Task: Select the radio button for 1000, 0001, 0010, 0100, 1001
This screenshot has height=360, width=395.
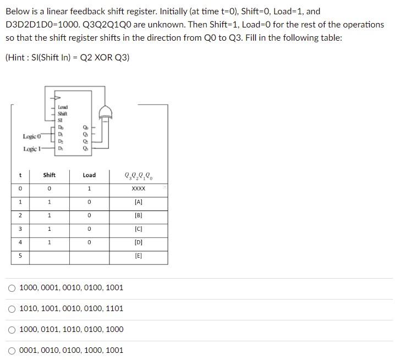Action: point(12,287)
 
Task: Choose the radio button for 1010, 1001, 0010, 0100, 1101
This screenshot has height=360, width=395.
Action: point(12,308)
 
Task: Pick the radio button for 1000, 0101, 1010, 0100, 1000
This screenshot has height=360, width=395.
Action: point(12,329)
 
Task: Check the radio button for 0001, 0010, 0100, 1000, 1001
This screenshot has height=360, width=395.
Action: point(12,350)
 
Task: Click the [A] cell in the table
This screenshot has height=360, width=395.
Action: point(138,202)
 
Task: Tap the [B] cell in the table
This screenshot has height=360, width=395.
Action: point(138,215)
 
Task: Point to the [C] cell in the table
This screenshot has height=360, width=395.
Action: point(138,229)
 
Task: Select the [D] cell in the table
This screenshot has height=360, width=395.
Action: point(138,242)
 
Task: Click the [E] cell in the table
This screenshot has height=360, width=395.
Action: point(138,256)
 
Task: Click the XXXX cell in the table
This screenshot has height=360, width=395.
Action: point(138,189)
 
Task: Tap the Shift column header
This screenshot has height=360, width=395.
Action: point(50,175)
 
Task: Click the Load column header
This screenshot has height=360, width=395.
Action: point(89,175)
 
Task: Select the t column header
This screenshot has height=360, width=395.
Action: point(20,175)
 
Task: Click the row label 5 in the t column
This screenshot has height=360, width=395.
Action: point(20,256)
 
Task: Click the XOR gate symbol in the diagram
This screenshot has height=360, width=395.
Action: point(105,113)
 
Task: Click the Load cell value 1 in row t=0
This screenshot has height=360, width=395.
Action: point(89,189)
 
